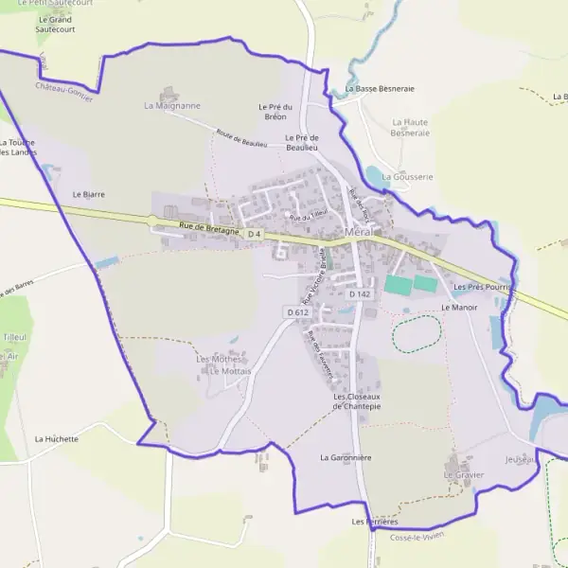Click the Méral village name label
tap(360, 233)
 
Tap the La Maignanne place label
tap(172, 106)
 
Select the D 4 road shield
tap(253, 234)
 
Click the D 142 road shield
tap(359, 294)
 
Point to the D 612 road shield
tap(296, 311)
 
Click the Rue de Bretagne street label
tap(208, 228)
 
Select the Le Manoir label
tap(459, 308)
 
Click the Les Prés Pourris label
tap(483, 286)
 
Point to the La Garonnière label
tap(345, 457)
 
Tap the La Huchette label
tap(57, 439)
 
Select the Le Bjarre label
tap(89, 193)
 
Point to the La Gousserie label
tap(407, 177)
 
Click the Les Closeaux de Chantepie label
tap(356, 401)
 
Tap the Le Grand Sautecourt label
tap(56, 24)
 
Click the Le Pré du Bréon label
tap(275, 112)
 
